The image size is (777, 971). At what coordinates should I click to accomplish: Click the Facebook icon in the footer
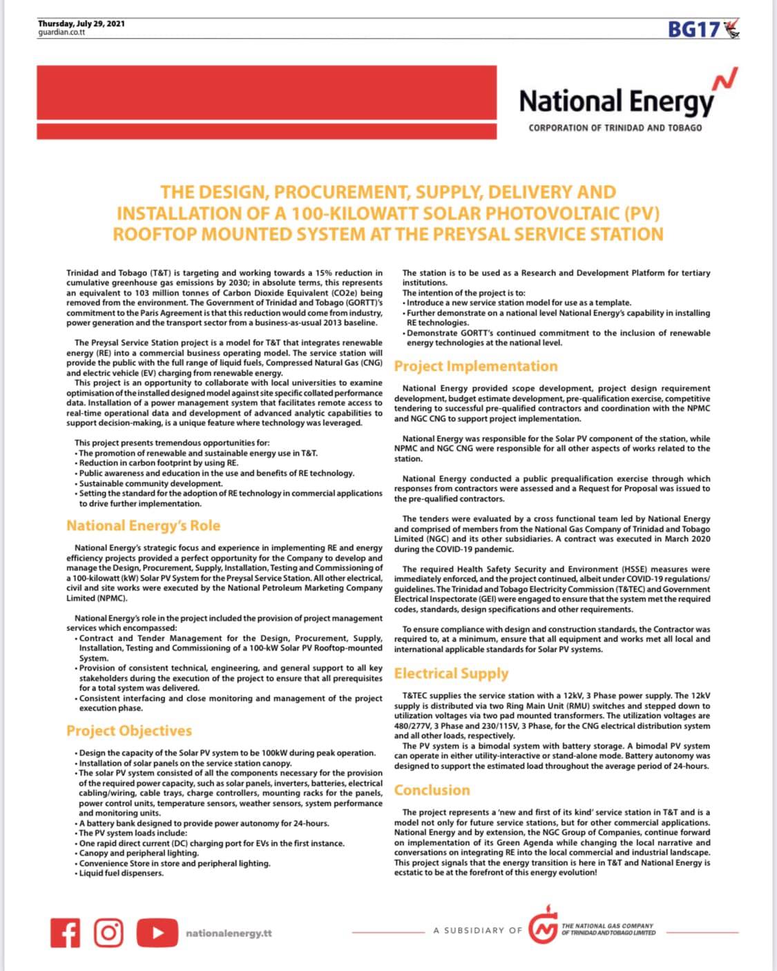pyautogui.click(x=66, y=932)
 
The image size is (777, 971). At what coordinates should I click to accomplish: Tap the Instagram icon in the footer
pyautogui.click(x=108, y=932)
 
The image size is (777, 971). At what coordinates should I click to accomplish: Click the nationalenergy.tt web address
pyautogui.click(x=229, y=933)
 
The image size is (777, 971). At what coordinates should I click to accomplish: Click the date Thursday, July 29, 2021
pyautogui.click(x=81, y=23)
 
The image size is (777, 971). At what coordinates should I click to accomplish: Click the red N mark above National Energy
pyautogui.click(x=727, y=80)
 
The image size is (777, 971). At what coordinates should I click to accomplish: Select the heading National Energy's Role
pyautogui.click(x=143, y=526)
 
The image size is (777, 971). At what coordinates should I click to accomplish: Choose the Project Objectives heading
pyautogui.click(x=129, y=731)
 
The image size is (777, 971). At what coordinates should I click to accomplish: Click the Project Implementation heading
pyautogui.click(x=475, y=366)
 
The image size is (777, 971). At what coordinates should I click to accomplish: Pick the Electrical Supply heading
pyautogui.click(x=451, y=673)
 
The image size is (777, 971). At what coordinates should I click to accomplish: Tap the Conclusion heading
pyautogui.click(x=432, y=790)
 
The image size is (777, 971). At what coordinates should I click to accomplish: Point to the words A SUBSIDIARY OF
pyautogui.click(x=478, y=930)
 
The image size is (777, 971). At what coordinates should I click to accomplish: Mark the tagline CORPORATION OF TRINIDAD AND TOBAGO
pyautogui.click(x=615, y=128)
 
